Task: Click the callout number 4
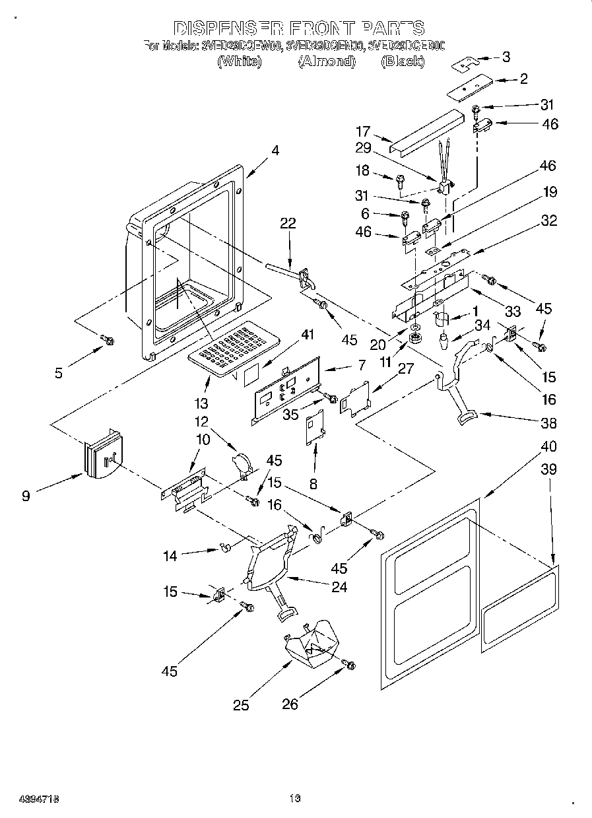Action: click(275, 151)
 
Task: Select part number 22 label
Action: click(288, 224)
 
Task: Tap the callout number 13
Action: click(201, 403)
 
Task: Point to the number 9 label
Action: click(26, 495)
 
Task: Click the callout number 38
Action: click(548, 424)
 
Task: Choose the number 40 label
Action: click(548, 447)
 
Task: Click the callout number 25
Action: click(241, 705)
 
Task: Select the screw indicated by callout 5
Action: click(108, 340)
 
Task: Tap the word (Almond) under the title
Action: click(327, 61)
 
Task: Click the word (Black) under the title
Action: click(403, 61)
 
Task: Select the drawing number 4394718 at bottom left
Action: click(30, 799)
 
